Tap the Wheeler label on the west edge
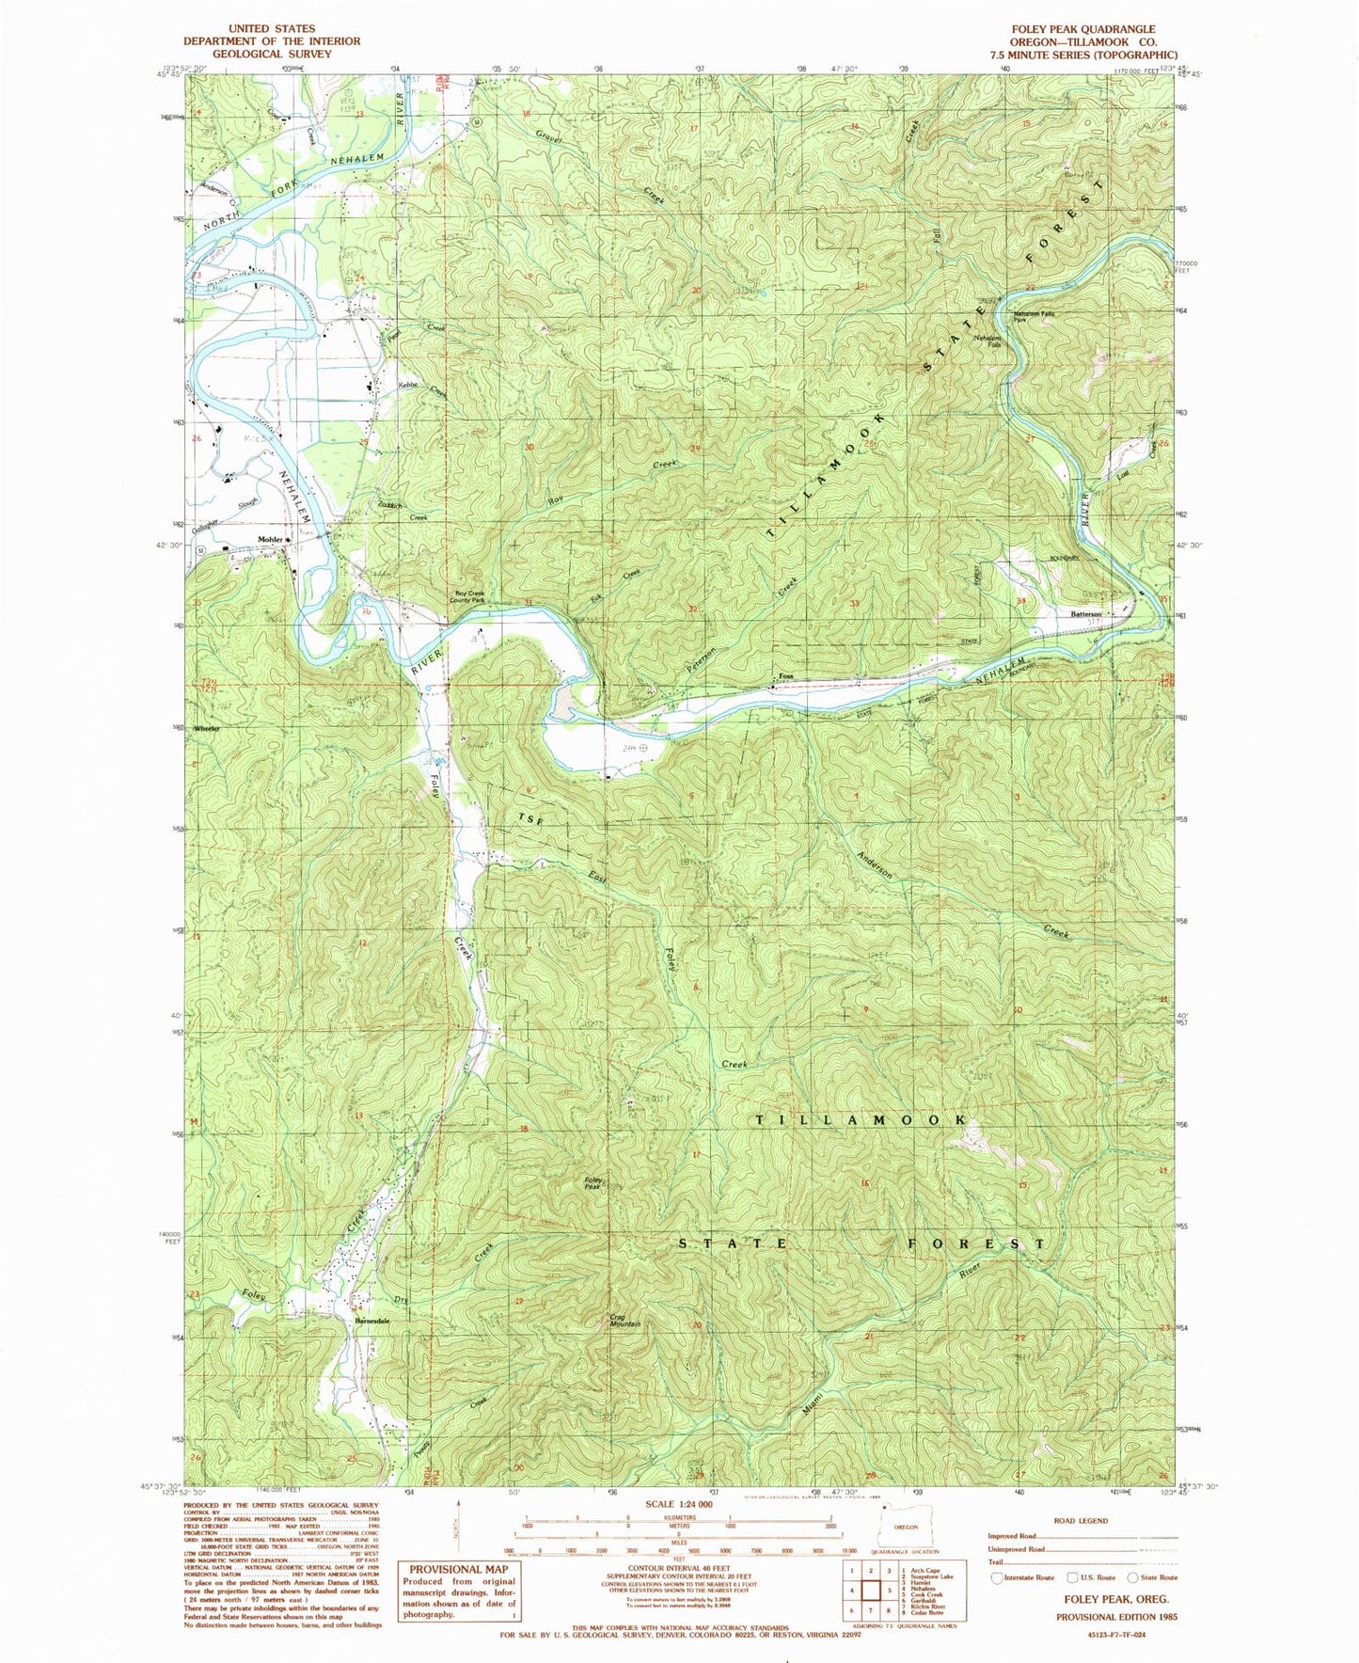pyautogui.click(x=207, y=729)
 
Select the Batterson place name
pyautogui.click(x=1084, y=614)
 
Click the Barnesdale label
pyautogui.click(x=372, y=1321)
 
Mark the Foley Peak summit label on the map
pyautogui.click(x=593, y=1183)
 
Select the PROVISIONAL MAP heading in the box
pyautogui.click(x=458, y=1569)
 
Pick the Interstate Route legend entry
pyautogui.click(x=1028, y=1577)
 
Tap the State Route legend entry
pyautogui.click(x=1157, y=1577)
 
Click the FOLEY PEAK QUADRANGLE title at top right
pyautogui.click(x=1082, y=29)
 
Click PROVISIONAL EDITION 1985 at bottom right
pyautogui.click(x=1115, y=1614)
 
